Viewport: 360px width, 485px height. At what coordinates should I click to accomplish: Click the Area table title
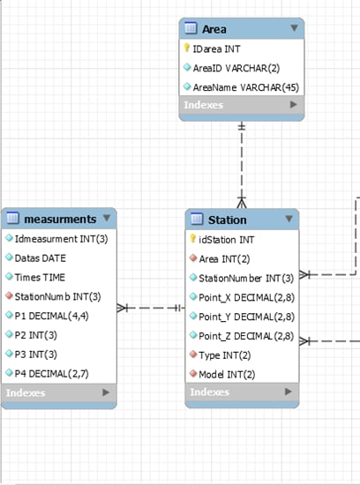pos(214,29)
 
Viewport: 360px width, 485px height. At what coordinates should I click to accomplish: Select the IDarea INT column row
pos(216,48)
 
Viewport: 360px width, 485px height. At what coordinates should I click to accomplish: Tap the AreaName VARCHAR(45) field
pos(246,87)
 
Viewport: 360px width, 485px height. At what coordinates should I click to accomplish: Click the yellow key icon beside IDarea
pos(187,48)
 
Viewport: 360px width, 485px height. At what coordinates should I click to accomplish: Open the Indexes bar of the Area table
pos(242,105)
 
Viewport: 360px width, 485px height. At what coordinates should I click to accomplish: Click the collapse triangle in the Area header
pos(294,28)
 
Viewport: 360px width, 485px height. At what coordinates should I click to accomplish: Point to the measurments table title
pos(60,219)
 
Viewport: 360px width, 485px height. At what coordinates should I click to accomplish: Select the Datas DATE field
pos(41,258)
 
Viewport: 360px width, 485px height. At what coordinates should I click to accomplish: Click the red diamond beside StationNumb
pos(10,295)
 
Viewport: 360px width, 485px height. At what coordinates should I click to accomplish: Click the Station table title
pos(227,220)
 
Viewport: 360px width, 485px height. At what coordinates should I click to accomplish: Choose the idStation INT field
pos(226,240)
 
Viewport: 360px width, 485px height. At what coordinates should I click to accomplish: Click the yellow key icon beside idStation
pos(192,238)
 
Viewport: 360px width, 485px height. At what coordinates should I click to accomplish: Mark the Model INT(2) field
pos(227,375)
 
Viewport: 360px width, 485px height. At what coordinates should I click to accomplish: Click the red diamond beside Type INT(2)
pos(193,354)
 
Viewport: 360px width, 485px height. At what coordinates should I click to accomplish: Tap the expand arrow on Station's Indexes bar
pos(289,392)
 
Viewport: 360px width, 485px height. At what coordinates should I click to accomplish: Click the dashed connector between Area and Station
pos(242,165)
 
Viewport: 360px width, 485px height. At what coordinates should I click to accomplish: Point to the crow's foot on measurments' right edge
pos(122,308)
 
